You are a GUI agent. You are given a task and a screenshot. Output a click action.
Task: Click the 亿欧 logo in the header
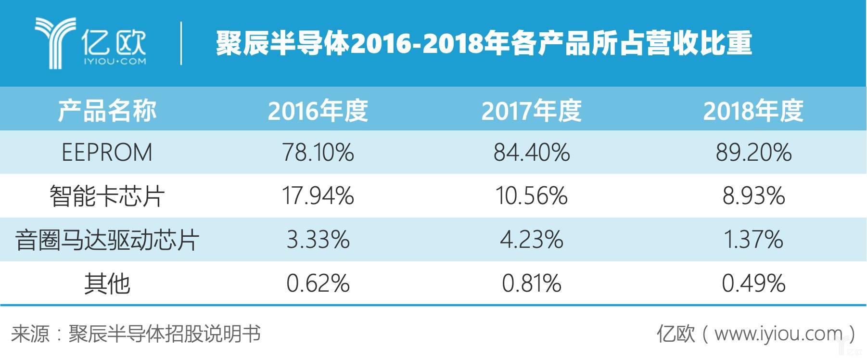pyautogui.click(x=90, y=43)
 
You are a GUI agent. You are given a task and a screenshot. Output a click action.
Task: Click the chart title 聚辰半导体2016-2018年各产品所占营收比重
pyautogui.click(x=484, y=43)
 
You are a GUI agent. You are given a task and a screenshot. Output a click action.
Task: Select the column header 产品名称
pyautogui.click(x=107, y=111)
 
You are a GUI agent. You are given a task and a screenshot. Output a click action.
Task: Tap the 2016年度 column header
pyautogui.click(x=318, y=111)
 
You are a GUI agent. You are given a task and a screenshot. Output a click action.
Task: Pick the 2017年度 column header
pyautogui.click(x=532, y=111)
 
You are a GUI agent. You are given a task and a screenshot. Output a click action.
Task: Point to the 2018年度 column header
pyautogui.click(x=753, y=111)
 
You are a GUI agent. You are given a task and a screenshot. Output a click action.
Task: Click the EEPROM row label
pyautogui.click(x=107, y=153)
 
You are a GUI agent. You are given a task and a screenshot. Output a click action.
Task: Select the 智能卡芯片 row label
pyautogui.click(x=107, y=196)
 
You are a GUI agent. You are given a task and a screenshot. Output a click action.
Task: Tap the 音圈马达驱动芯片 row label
pyautogui.click(x=107, y=240)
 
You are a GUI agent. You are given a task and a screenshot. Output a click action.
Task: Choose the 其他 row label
pyautogui.click(x=107, y=283)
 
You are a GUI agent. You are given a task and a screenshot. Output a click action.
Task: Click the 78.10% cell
pyautogui.click(x=318, y=153)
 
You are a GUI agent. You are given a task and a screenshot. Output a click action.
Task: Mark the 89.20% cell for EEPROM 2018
pyautogui.click(x=753, y=153)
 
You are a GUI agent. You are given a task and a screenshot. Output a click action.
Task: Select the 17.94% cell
pyautogui.click(x=318, y=196)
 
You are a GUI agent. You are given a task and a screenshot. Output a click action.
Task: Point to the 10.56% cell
pyautogui.click(x=532, y=196)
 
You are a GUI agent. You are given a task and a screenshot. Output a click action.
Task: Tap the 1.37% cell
pyautogui.click(x=753, y=240)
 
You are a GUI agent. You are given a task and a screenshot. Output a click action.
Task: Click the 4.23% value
pyautogui.click(x=532, y=240)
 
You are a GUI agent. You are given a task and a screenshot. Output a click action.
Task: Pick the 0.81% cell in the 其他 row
pyautogui.click(x=532, y=283)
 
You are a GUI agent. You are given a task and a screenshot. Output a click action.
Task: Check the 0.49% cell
pyautogui.click(x=753, y=283)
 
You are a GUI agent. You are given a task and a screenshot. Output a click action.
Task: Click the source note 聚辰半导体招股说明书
pyautogui.click(x=165, y=334)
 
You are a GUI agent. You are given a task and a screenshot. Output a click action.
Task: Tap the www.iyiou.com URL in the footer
pyautogui.click(x=778, y=334)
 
